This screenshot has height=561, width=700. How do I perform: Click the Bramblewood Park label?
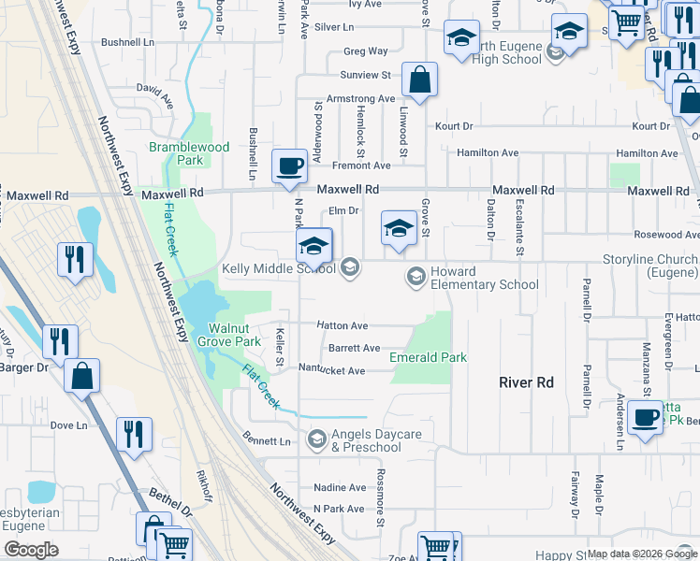pos(188,153)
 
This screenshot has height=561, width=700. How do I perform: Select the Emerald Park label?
pos(429,356)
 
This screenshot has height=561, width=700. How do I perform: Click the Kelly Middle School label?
pos(278,269)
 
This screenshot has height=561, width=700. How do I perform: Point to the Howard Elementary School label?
pos(483,278)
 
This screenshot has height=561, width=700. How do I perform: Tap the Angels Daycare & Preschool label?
pos(366,440)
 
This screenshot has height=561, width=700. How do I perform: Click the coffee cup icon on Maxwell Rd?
pos(289,166)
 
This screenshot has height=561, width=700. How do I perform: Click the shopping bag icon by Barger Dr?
pos(82,376)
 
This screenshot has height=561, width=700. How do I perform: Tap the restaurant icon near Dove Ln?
pos(133,433)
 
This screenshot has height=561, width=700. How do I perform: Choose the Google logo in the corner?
pos(30,549)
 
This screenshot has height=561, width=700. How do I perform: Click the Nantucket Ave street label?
pos(331,370)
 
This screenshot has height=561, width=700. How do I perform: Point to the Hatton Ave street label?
pos(343,325)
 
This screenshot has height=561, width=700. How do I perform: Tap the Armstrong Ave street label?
pos(360,98)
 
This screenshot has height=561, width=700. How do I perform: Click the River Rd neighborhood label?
pos(526,382)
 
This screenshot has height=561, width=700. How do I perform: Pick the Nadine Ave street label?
pos(340,487)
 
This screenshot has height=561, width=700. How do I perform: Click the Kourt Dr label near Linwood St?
pos(454,126)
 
